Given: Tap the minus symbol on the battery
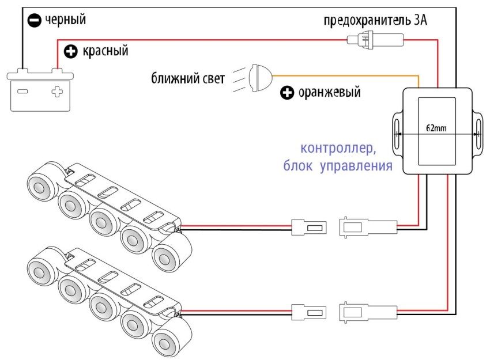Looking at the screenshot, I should point(22,91).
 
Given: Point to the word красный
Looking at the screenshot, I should point(105,51).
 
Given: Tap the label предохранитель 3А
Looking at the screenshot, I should point(375,22).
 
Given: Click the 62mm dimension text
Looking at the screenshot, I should point(436,128).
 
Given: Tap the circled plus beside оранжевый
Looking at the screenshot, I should point(287,92).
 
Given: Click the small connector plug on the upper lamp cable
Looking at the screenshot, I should point(309,227).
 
